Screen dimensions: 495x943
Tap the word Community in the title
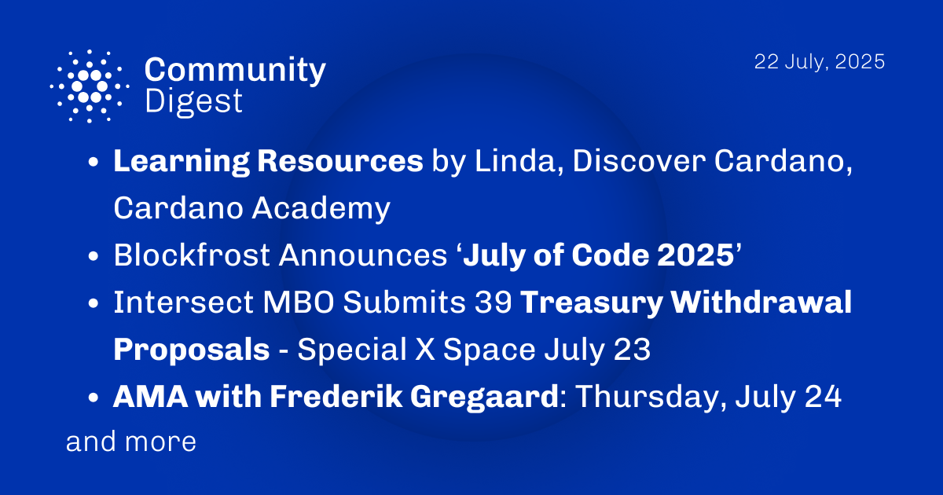[x=234, y=71]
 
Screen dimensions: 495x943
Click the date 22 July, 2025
[x=820, y=62]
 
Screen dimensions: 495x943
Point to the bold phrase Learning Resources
[x=268, y=161]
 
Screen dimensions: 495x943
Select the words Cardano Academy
[x=251, y=208]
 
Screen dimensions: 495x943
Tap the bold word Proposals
[x=191, y=350]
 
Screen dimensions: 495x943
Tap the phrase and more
[x=130, y=442]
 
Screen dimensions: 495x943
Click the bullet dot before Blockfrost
[x=94, y=256]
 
